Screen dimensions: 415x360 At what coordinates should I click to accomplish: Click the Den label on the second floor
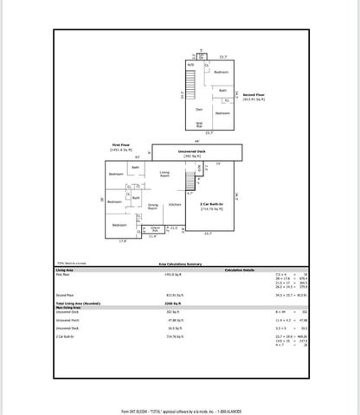click(x=198, y=110)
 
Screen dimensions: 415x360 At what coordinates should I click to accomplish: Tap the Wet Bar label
click(x=199, y=125)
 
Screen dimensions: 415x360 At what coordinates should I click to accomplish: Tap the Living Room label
click(x=164, y=176)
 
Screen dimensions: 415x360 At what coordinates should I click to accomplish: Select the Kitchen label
click(x=175, y=204)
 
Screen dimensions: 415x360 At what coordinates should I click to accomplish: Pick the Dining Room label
click(x=153, y=207)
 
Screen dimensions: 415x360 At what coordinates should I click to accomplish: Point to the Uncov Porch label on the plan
click(x=157, y=229)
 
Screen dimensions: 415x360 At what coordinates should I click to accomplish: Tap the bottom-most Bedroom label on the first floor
click(x=118, y=226)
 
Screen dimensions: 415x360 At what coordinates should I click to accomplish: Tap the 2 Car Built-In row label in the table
click(x=67, y=337)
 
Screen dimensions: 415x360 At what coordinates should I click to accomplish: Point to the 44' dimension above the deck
click(x=196, y=142)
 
